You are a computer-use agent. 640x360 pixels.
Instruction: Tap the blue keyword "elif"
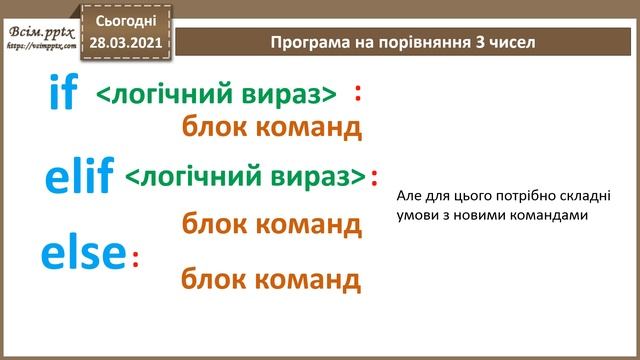click(x=79, y=176)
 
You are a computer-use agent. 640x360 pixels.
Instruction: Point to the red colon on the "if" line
click(x=358, y=93)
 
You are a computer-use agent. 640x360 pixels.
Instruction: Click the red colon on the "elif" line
click(x=375, y=177)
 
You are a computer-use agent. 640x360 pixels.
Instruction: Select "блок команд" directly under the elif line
click(x=271, y=224)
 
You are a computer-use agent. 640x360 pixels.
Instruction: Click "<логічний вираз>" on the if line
click(x=217, y=95)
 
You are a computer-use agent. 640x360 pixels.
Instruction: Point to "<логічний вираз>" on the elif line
click(x=245, y=177)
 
